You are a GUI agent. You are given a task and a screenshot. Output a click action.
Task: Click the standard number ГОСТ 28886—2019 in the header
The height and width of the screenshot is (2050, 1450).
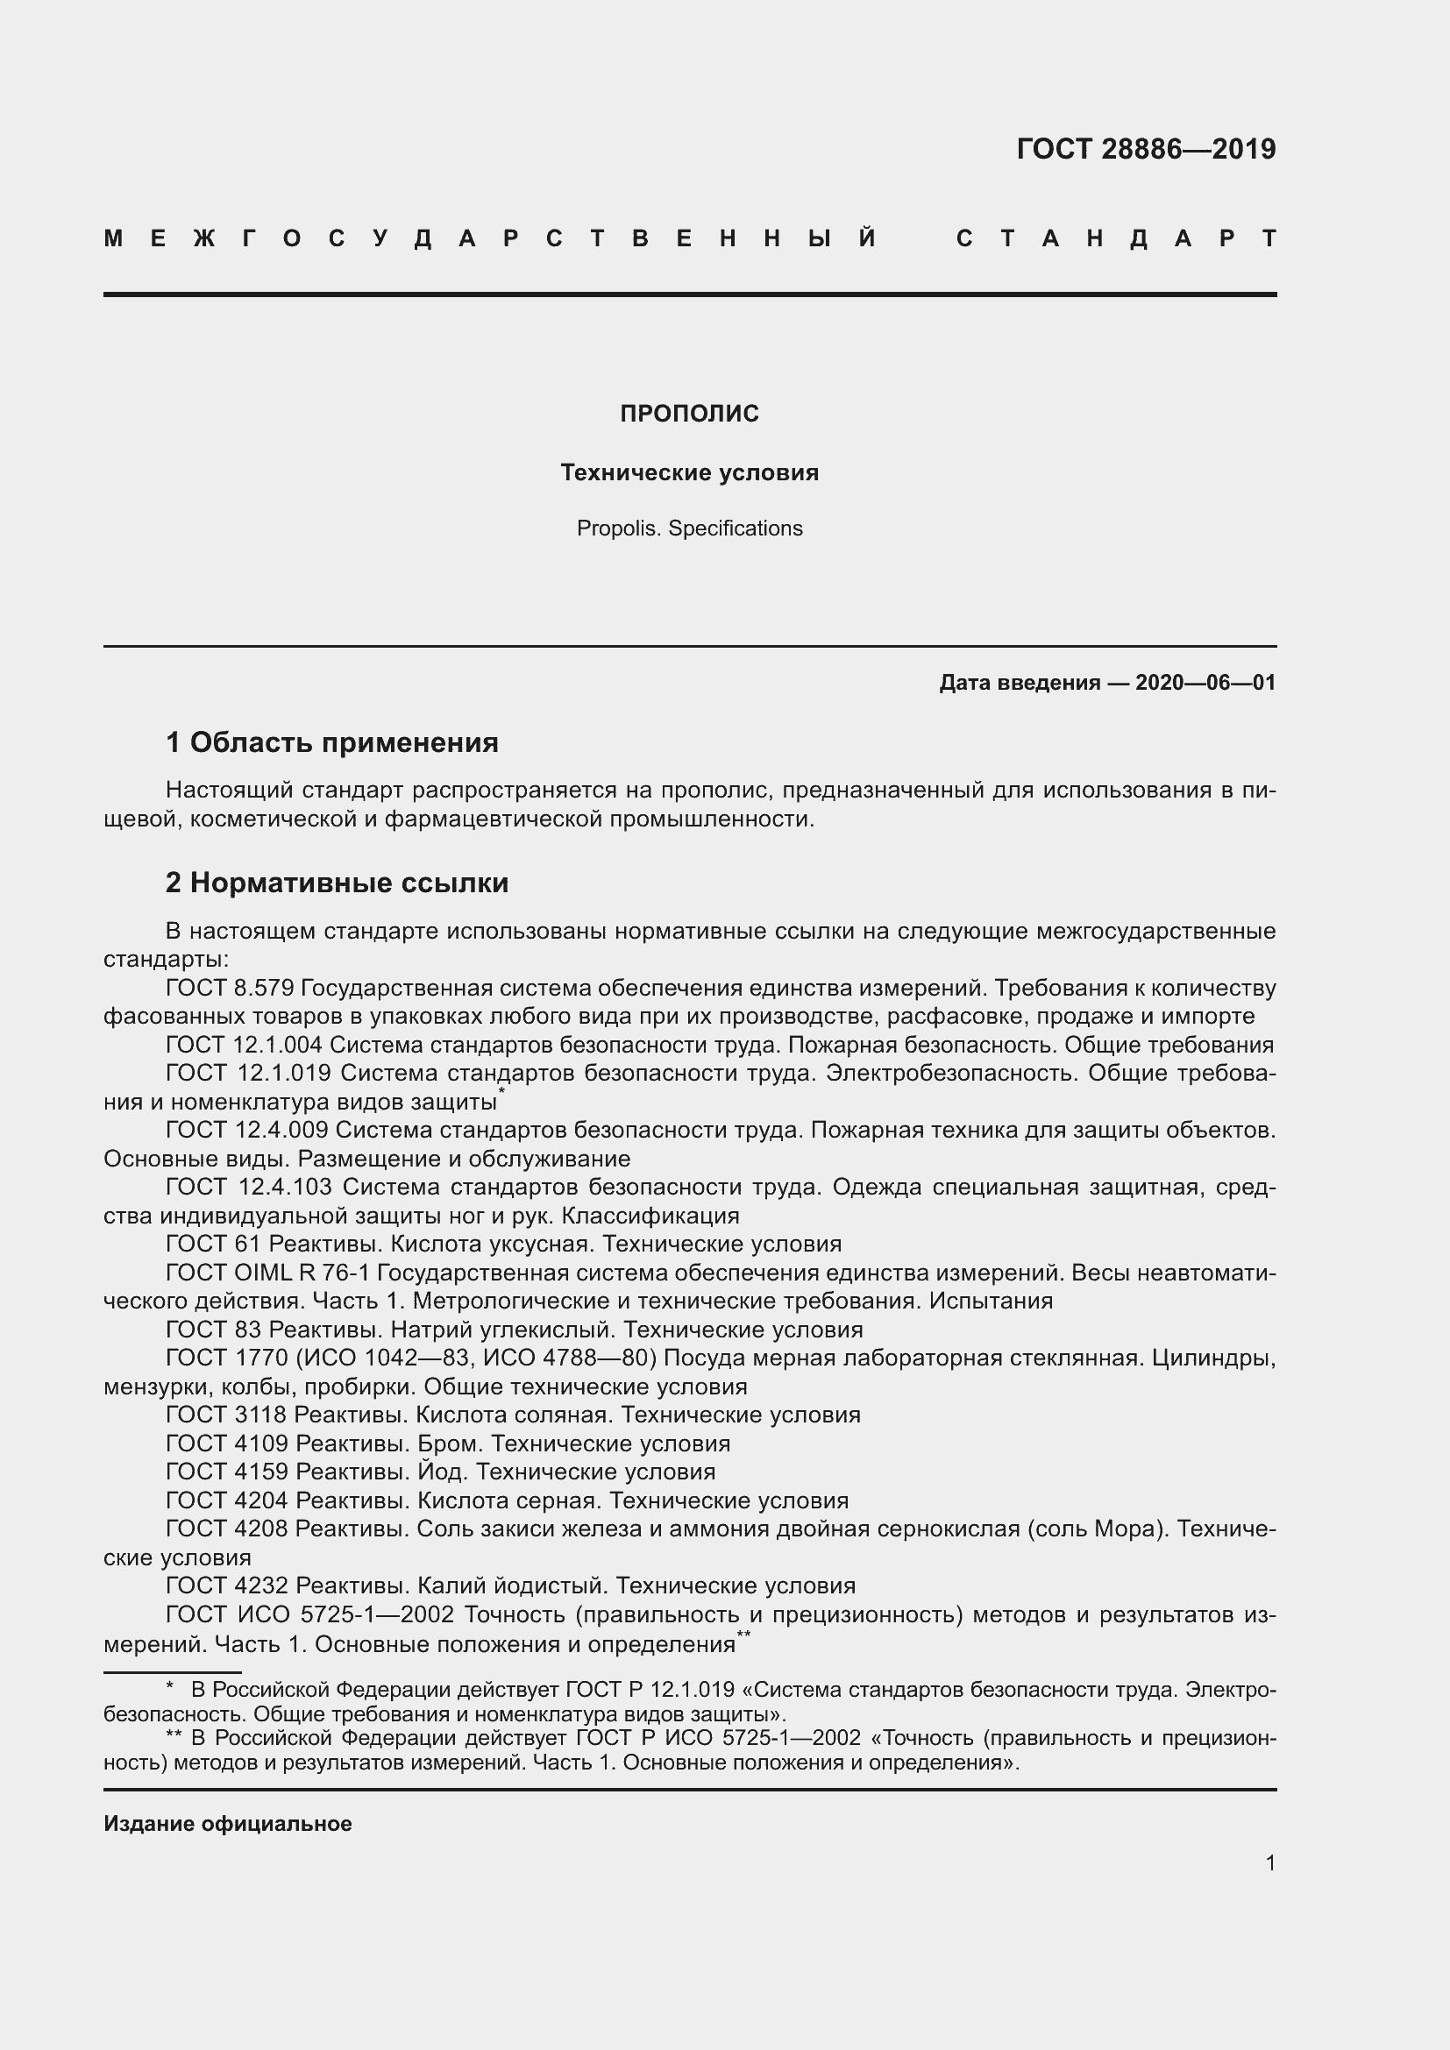(x=1146, y=149)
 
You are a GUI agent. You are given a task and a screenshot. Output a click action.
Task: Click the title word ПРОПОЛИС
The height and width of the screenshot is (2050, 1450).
(x=689, y=414)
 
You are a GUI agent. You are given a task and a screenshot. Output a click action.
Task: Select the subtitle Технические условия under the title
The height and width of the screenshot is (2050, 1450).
(x=689, y=472)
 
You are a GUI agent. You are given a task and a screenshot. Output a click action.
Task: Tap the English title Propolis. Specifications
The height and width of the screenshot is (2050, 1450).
(x=689, y=528)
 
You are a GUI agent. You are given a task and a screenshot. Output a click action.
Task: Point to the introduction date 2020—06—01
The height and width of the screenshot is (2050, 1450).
(x=1205, y=683)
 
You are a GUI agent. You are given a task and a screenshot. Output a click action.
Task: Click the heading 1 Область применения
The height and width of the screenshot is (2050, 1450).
(x=332, y=742)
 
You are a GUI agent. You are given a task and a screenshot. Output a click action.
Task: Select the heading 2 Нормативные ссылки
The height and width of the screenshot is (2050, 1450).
(x=337, y=883)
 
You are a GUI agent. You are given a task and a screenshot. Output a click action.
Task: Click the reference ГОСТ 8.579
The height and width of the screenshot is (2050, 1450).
(x=230, y=989)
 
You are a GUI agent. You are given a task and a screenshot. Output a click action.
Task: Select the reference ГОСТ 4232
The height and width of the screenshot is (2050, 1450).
(x=227, y=1585)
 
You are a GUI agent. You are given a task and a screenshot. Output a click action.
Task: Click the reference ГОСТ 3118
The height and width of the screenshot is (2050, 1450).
(x=226, y=1415)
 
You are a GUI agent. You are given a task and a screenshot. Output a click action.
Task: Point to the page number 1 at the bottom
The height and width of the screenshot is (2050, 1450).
(x=1269, y=1862)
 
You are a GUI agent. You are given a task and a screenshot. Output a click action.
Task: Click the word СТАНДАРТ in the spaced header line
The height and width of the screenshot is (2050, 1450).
(x=1116, y=239)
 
